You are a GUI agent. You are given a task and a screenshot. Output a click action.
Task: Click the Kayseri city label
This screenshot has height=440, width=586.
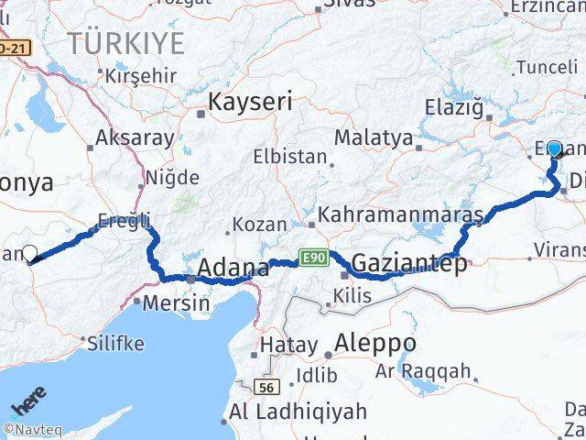(251, 102)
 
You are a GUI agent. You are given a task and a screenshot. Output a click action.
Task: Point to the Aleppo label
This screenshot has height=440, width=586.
(375, 344)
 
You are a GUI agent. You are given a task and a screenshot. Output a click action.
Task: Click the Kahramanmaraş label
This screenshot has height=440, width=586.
(400, 214)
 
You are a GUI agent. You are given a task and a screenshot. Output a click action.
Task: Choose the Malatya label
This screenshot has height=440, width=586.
(374, 138)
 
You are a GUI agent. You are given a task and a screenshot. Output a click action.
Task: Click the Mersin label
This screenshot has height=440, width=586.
(171, 302)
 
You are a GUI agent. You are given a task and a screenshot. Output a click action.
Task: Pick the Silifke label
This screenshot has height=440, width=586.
(115, 344)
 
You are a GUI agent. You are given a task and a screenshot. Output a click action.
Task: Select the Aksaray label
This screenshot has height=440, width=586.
(136, 138)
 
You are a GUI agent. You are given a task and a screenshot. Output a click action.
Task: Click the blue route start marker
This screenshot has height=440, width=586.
(553, 148)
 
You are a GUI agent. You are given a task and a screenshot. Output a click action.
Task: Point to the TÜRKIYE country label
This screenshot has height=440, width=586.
(125, 42)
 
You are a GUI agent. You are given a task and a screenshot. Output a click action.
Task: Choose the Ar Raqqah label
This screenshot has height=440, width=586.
(423, 372)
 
